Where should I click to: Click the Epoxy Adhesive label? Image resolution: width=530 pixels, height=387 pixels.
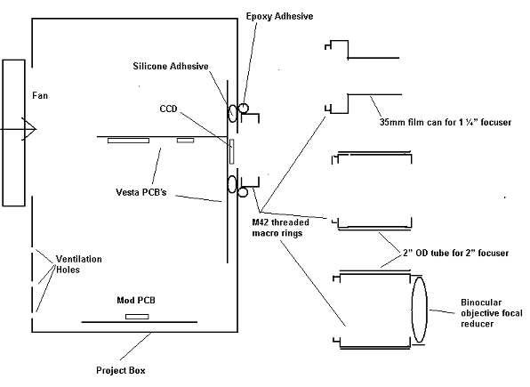279,17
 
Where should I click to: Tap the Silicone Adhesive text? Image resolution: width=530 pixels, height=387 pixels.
171,66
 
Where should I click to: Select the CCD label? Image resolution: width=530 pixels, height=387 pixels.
168,109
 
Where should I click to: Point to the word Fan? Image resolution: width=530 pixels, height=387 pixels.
40,96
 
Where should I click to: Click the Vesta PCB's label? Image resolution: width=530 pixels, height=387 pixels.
141,192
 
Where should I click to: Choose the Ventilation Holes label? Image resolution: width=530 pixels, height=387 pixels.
79,264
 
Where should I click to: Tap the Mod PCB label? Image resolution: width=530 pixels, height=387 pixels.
136,300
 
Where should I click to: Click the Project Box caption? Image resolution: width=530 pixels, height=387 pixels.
121,370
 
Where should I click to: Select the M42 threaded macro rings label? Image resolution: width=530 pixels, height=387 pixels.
280,228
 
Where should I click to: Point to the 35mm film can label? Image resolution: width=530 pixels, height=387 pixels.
446,122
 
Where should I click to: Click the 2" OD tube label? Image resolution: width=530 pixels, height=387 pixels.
455,253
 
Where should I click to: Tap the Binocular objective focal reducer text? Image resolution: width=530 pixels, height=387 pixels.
492,313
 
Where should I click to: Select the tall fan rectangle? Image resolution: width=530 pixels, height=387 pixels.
14,133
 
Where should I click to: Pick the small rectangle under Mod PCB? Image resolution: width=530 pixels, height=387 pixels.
137,317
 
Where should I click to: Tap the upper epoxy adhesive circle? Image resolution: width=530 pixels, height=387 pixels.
244,109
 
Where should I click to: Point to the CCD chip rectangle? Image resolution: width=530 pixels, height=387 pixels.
231,151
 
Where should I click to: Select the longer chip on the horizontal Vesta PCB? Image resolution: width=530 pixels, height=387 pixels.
128,141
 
